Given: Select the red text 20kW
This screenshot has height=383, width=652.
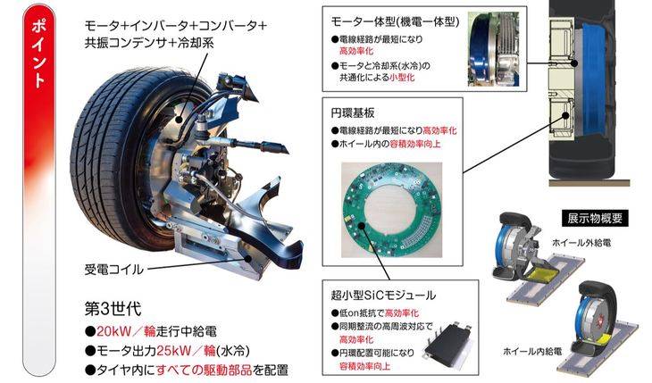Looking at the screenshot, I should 113,331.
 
